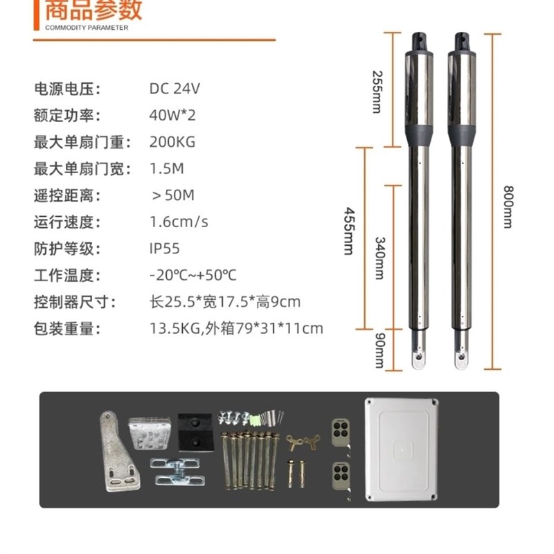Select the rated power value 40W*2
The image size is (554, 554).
point(172,116)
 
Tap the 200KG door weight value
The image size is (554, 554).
point(172,143)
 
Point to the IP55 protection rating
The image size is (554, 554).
point(165,249)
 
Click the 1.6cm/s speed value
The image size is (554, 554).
point(179,222)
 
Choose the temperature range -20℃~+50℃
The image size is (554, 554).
point(193,276)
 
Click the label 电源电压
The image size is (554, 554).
point(68,89)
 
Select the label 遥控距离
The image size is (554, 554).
point(68,196)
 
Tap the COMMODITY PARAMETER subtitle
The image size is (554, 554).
point(87,28)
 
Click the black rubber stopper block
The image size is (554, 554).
point(193,431)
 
